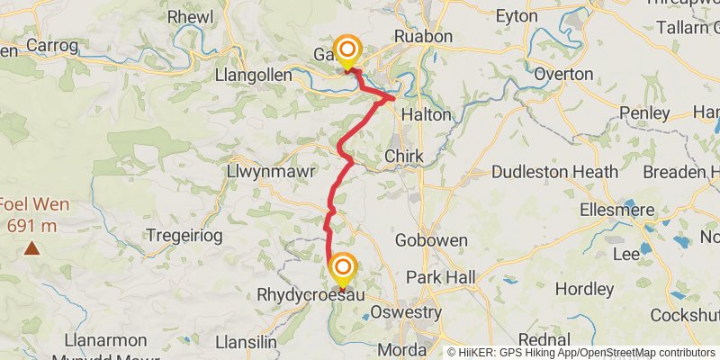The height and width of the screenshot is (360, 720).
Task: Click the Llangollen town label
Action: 253,76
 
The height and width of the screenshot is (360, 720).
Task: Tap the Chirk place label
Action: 403,156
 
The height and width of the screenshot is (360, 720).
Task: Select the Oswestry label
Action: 406,312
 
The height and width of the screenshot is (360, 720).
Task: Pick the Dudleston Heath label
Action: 555,171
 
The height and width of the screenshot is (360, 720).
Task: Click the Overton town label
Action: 563,74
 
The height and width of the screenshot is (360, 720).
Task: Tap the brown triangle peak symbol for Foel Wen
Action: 32,247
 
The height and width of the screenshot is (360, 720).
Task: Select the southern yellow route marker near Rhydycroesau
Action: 342,271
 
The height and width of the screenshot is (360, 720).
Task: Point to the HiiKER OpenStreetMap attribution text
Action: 581,353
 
